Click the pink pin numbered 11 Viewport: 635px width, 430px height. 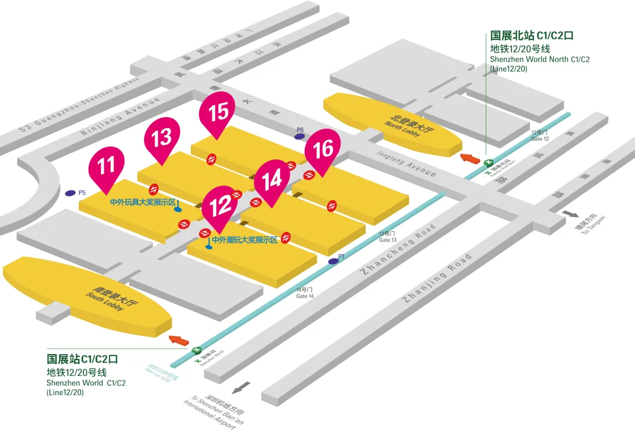click(x=106, y=165)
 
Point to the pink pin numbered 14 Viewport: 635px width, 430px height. click(x=272, y=179)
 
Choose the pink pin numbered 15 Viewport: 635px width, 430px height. click(x=218, y=111)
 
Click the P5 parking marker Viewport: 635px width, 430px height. click(x=71, y=192)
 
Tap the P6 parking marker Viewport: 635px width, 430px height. click(x=300, y=136)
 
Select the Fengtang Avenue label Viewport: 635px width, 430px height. click(x=406, y=162)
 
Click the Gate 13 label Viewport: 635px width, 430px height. click(x=387, y=237)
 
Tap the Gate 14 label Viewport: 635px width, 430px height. click(x=305, y=292)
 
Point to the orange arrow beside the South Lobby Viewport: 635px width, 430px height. click(x=179, y=340)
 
